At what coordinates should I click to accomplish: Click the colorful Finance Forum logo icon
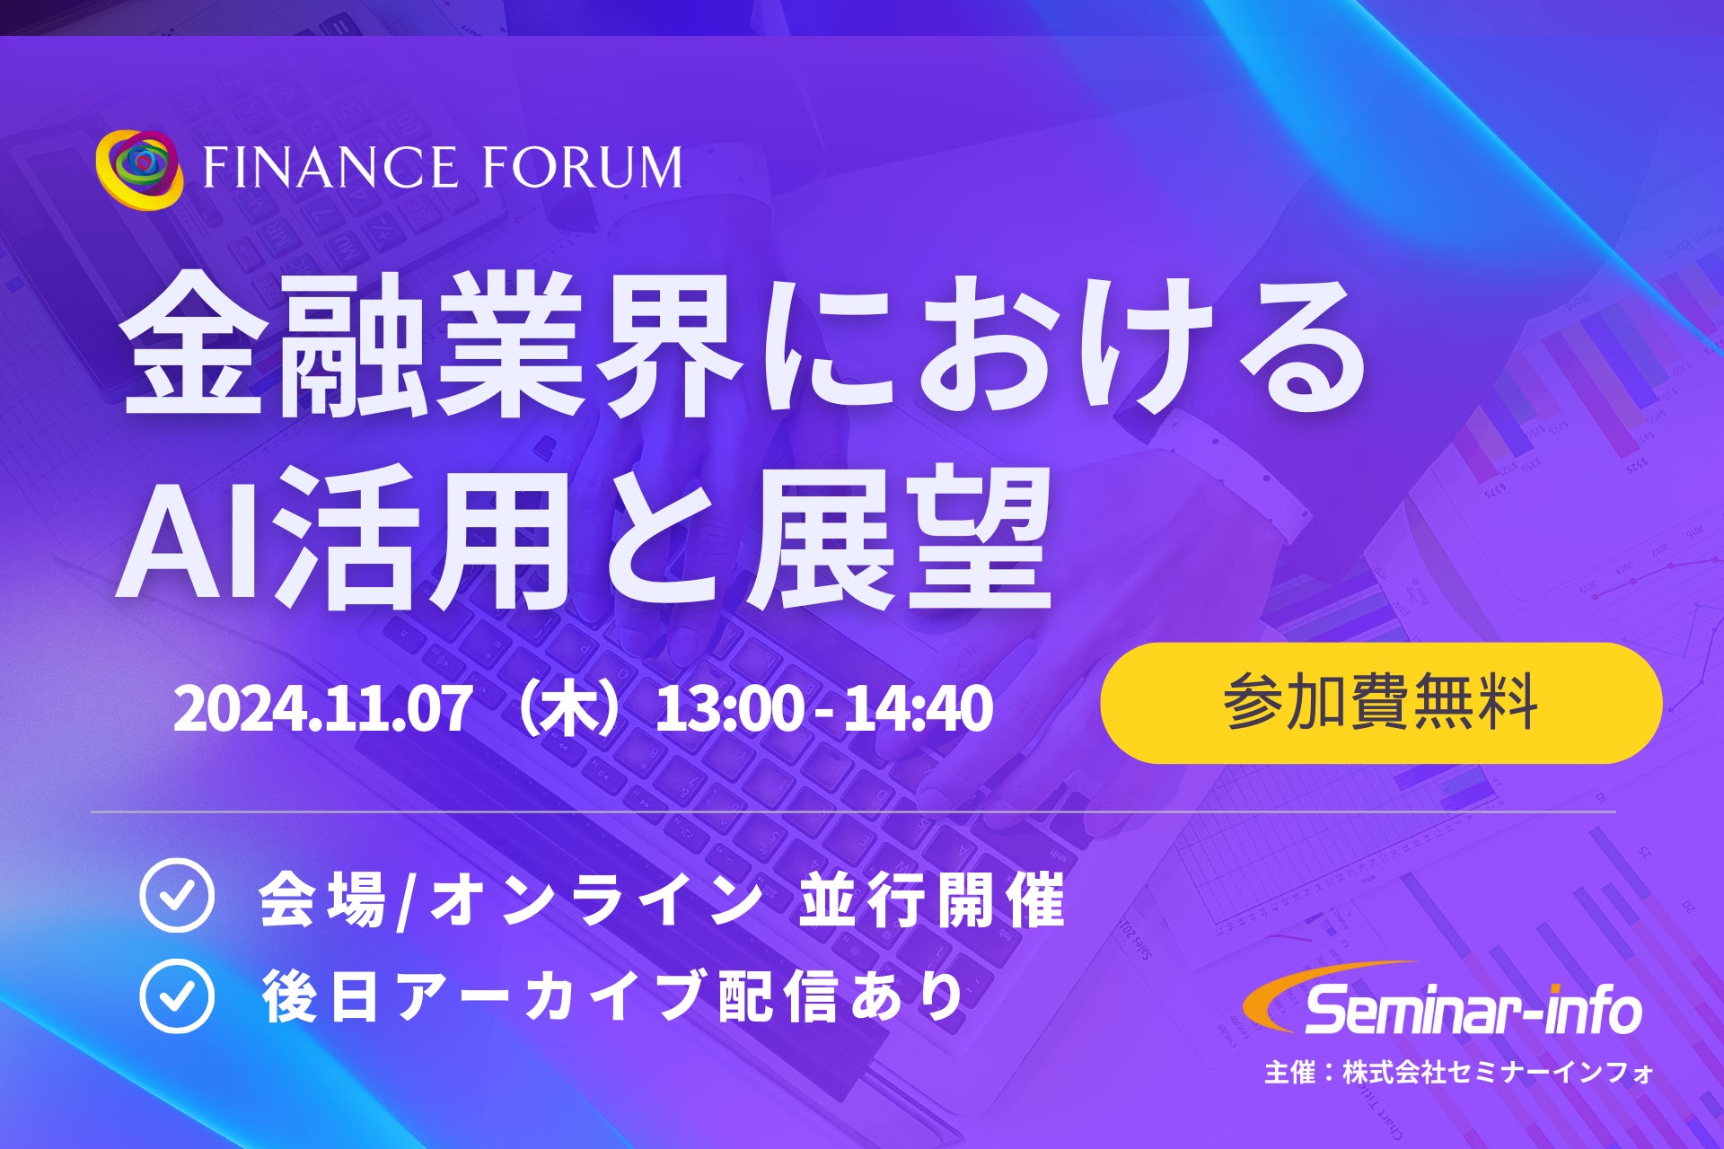139,169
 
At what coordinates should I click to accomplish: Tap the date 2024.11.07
321,709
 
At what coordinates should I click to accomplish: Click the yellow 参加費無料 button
1381,703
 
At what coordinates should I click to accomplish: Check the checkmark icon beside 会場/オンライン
177,895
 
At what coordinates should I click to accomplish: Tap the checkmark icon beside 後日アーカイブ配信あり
177,996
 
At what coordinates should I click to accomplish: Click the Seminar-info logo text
1473,1010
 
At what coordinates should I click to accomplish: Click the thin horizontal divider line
853,812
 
